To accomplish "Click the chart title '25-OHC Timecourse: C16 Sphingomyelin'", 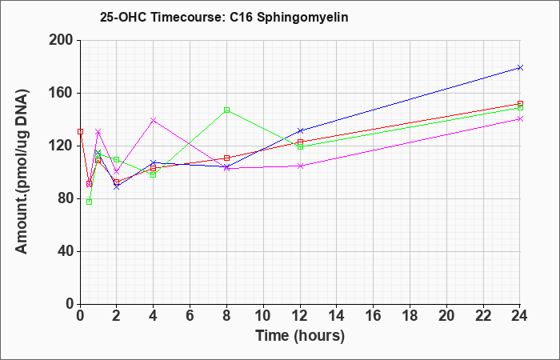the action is [x=224, y=17].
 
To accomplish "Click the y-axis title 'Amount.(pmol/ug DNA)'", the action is [x=22, y=172].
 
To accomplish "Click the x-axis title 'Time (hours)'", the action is [x=300, y=336].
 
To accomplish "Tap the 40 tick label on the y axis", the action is [x=66, y=251].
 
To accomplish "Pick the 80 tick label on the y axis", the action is [x=66, y=198].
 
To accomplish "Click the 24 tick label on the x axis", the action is [x=519, y=316].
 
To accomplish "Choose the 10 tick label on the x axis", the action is [x=263, y=316].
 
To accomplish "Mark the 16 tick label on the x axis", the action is [x=373, y=316].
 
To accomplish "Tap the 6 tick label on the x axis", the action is [x=190, y=316].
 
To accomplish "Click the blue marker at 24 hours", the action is [x=520, y=67].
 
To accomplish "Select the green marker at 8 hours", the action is [x=226, y=110].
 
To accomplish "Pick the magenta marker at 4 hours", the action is [x=154, y=120].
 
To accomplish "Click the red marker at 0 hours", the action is [x=80, y=131].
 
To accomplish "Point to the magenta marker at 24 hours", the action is [x=520, y=119].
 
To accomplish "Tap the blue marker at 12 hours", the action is [x=300, y=130].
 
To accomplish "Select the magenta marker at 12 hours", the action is [x=300, y=166].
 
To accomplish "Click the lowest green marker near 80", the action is [x=90, y=202].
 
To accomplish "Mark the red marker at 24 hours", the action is [x=520, y=103].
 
